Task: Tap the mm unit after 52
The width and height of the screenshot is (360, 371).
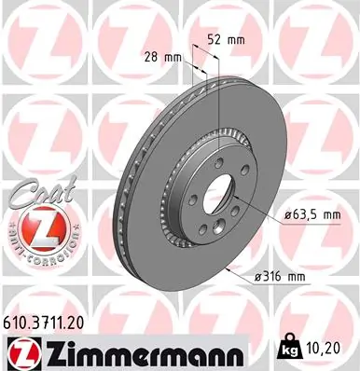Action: pos(234,41)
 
